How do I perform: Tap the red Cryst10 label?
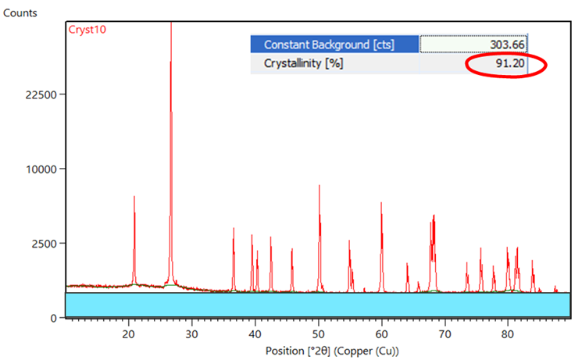[87, 29]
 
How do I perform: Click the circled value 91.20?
[509, 63]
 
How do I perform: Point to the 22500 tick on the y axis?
[37, 94]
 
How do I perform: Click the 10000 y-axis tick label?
[37, 169]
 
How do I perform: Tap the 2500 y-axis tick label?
[41, 244]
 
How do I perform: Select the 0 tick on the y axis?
[52, 318]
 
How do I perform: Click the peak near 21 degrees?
[134, 198]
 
